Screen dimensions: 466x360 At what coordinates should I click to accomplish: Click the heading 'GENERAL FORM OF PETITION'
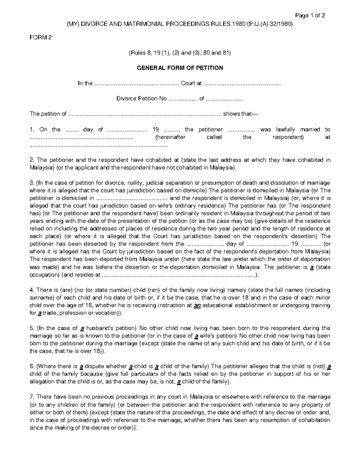click(x=180, y=68)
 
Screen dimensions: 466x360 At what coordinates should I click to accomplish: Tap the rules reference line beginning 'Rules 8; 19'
click(x=180, y=53)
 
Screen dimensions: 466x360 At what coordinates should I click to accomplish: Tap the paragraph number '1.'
click(x=32, y=130)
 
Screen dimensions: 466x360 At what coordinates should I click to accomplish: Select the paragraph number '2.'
click(x=32, y=160)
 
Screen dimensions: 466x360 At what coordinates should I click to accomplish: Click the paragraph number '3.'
click(x=32, y=183)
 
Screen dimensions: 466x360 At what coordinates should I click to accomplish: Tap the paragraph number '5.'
click(x=32, y=328)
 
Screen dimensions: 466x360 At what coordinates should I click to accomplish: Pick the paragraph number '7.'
click(x=32, y=397)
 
